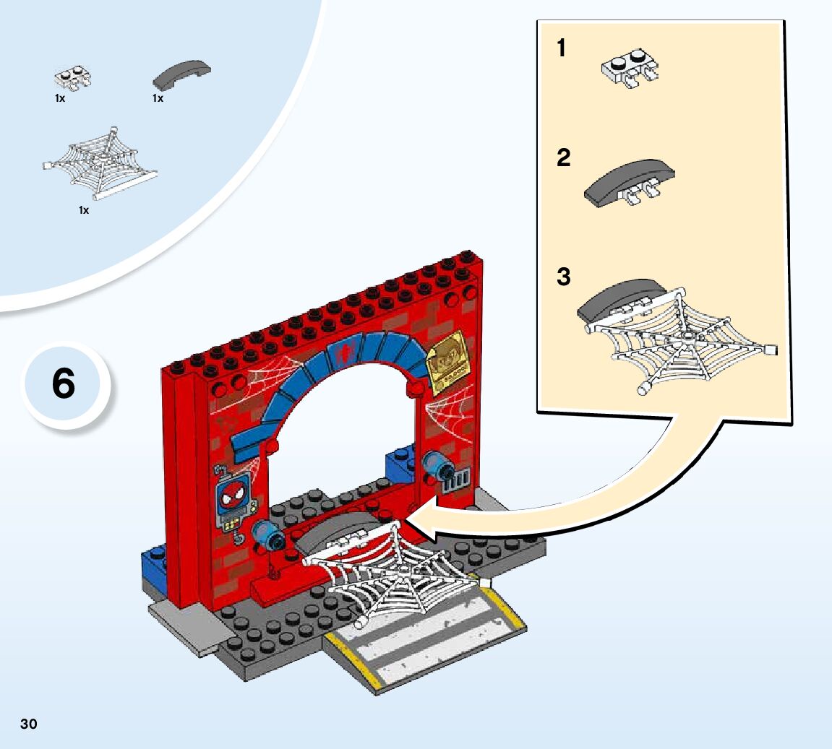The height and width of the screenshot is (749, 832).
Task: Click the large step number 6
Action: pyautogui.click(x=64, y=384)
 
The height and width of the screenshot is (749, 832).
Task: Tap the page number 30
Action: pyautogui.click(x=28, y=724)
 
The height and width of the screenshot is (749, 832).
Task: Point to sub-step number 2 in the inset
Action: pyautogui.click(x=564, y=157)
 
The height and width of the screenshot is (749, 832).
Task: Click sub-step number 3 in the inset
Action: pyautogui.click(x=564, y=277)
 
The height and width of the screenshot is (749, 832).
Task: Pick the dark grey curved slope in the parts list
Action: pyautogui.click(x=181, y=73)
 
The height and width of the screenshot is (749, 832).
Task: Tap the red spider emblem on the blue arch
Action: pyautogui.click(x=346, y=352)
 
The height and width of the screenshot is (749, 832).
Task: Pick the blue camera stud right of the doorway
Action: pyautogui.click(x=437, y=465)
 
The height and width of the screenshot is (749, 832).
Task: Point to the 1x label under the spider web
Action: pyautogui.click(x=84, y=210)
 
